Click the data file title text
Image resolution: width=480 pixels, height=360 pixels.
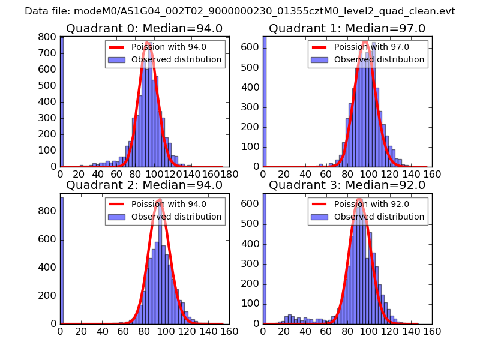[239, 11]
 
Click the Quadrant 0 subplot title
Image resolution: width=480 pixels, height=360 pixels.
[144, 29]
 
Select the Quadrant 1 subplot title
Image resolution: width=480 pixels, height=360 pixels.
[347, 29]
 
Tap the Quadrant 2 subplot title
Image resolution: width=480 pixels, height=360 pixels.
[144, 185]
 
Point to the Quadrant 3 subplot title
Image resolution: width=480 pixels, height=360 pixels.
[347, 185]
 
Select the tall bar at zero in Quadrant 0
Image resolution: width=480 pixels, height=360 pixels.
[62, 102]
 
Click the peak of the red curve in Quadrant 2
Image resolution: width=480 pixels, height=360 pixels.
[159, 200]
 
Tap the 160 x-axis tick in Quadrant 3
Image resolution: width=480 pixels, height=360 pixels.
[431, 331]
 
